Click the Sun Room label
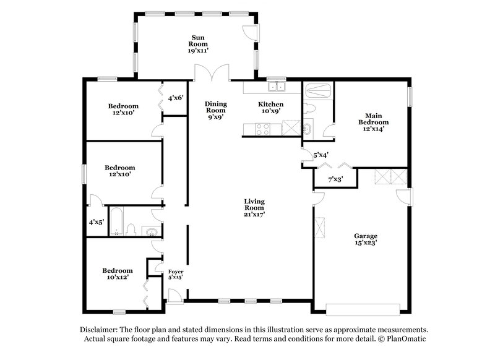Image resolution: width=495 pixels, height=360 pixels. [x=197, y=44]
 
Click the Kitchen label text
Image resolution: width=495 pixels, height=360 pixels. [x=271, y=105]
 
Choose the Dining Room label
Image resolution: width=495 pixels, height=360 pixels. [x=216, y=110]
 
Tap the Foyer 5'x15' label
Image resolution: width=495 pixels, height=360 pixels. [x=176, y=275]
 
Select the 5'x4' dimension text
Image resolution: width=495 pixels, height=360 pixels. [x=321, y=155]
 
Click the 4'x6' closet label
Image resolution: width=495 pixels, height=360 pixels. [x=176, y=98]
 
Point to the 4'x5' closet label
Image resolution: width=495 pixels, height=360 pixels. [x=96, y=221]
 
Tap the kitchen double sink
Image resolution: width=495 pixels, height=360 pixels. [x=275, y=87]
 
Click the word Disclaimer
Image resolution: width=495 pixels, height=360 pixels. [x=99, y=330]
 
